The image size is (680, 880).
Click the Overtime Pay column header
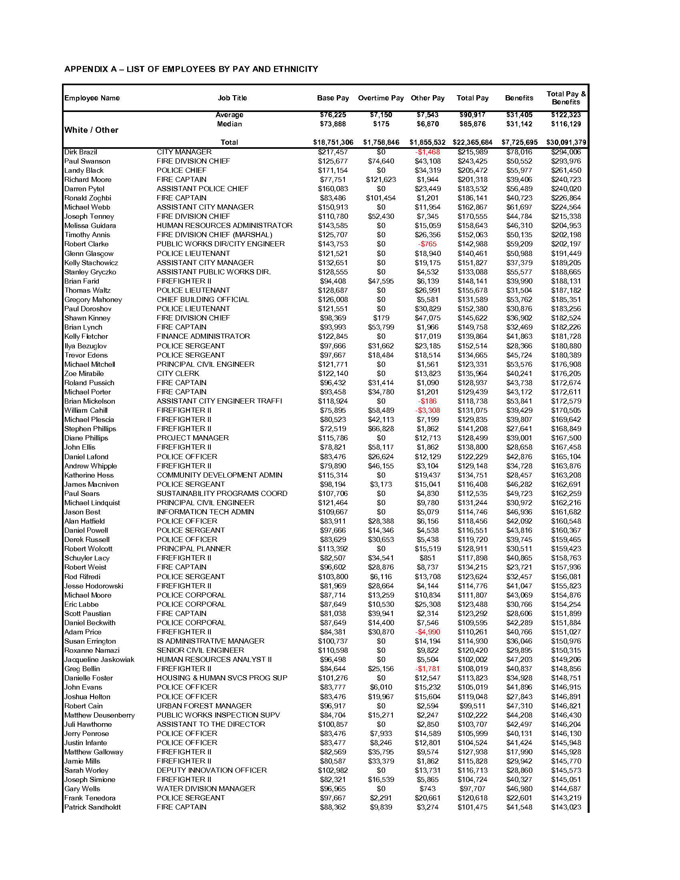[380, 98]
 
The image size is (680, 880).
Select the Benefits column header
[519, 98]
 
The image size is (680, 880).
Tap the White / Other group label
[92, 130]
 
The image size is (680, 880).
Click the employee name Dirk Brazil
[80, 152]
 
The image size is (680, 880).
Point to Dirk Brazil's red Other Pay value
[428, 152]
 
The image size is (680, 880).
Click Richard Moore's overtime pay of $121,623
[381, 180]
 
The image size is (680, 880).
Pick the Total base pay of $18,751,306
[333, 142]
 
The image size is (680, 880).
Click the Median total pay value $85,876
[472, 124]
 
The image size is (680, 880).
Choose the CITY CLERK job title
[178, 374]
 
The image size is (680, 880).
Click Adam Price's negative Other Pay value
[428, 632]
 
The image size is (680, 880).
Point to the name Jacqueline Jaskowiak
[99, 660]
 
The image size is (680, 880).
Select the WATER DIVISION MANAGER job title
[206, 788]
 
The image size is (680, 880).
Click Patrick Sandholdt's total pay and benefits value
[566, 807]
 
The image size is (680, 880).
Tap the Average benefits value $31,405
[519, 115]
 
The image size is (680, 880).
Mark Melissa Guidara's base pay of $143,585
[333, 226]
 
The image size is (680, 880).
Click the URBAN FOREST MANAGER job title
[204, 706]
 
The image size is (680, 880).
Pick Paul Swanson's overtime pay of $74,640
[381, 161]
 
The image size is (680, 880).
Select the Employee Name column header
[92, 98]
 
